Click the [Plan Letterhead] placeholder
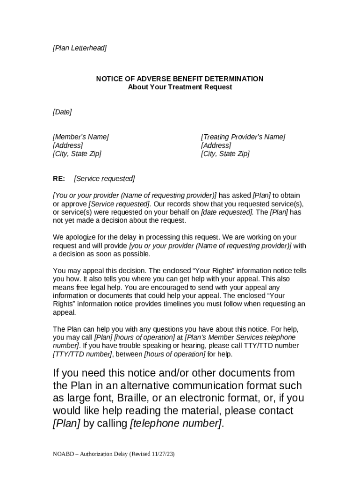(x=79, y=48)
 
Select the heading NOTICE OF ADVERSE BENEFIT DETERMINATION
(x=180, y=79)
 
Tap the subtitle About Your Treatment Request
(x=180, y=87)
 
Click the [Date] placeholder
(x=62, y=112)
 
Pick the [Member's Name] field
(x=80, y=137)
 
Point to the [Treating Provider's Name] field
(x=243, y=137)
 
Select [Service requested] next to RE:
(x=104, y=179)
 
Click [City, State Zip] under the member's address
(x=77, y=153)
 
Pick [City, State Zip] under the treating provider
(x=225, y=153)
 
